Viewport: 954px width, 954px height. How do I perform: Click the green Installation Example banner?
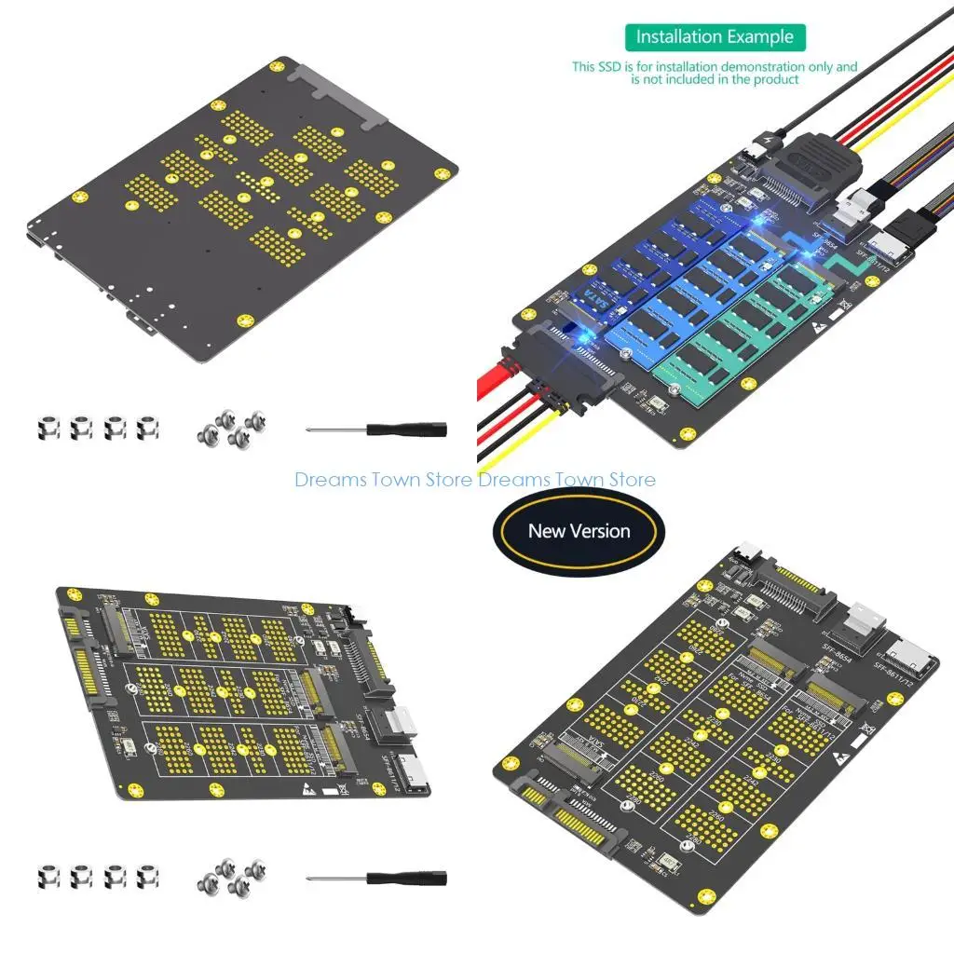[715, 37]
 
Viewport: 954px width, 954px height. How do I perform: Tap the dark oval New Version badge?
[579, 531]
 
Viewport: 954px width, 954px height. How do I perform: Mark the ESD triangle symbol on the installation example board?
[819, 325]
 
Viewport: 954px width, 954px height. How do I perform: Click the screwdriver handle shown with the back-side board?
[406, 429]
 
